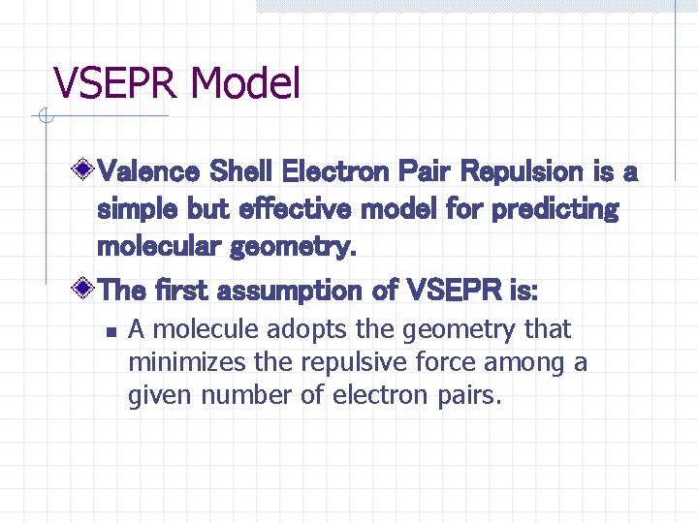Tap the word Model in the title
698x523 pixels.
[x=246, y=83]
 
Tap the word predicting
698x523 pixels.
[x=555, y=210]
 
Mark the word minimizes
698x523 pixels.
[x=188, y=363]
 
